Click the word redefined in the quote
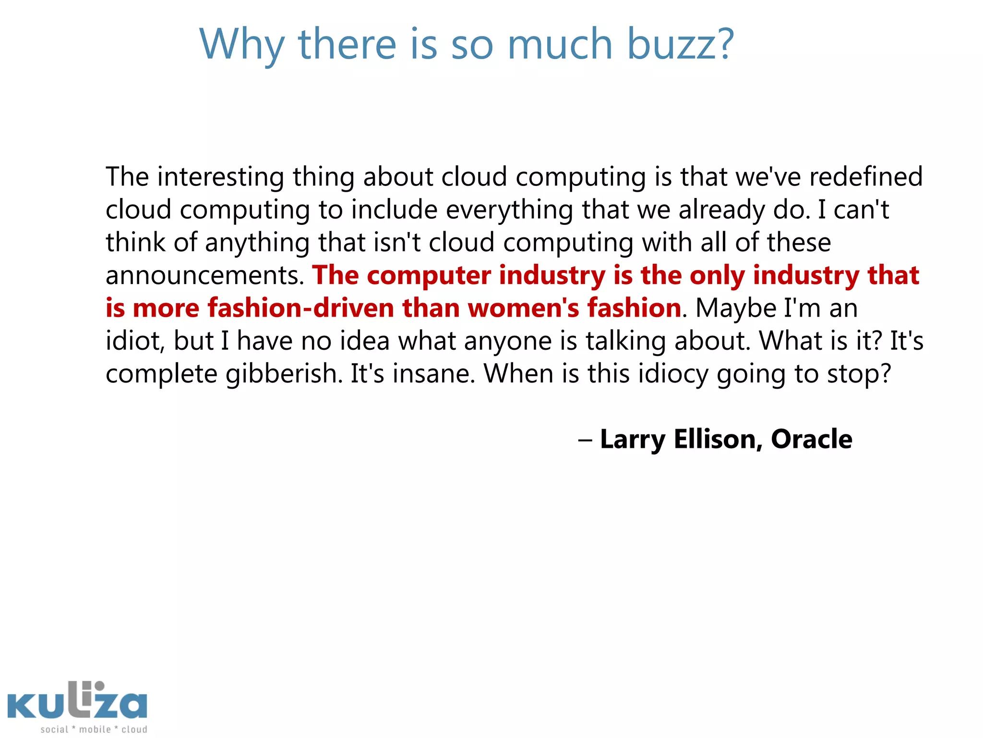pyautogui.click(x=866, y=176)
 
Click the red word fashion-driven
pyautogui.click(x=301, y=308)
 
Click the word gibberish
pyautogui.click(x=284, y=374)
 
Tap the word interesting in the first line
pyautogui.click(x=221, y=176)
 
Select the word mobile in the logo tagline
pyautogui.click(x=95, y=729)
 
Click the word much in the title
pyautogui.click(x=560, y=44)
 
